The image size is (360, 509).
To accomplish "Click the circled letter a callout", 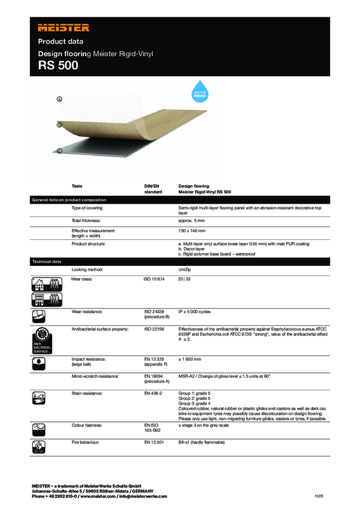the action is [59, 99].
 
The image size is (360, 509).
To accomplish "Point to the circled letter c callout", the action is [59, 151].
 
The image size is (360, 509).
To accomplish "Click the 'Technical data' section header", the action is [47, 261].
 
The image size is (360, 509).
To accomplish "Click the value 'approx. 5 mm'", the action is [193, 220].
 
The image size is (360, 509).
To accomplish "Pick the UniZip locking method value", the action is [187, 270].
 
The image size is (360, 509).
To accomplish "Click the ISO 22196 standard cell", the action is [154, 328].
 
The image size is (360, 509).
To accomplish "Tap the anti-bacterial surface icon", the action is [42, 337].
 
